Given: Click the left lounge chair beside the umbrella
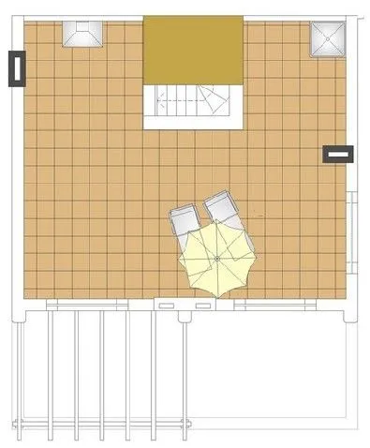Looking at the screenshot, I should [185, 220].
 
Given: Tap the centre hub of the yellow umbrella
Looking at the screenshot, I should [217, 258].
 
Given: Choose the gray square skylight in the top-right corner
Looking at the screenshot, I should [329, 37].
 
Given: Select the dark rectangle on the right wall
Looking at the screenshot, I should [337, 154].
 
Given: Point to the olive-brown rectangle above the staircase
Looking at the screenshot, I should [192, 49].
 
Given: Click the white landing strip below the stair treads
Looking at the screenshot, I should [192, 121].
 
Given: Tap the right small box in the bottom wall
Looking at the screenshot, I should [201, 305].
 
